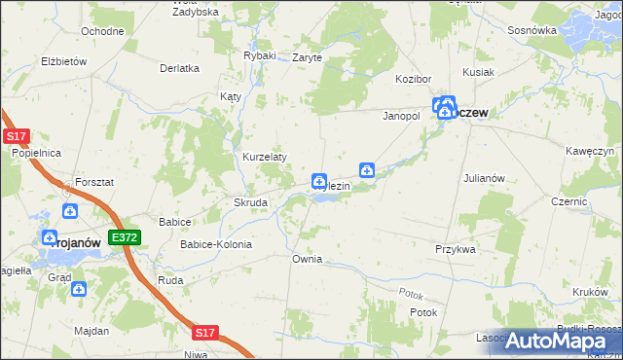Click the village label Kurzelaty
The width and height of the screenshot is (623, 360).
263,157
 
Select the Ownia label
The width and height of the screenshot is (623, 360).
307,260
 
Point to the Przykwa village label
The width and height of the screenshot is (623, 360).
455,249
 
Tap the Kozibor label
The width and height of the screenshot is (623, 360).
413,78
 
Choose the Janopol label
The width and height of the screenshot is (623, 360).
399,115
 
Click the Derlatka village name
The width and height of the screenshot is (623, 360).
180,68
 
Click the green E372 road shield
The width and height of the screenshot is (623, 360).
125,237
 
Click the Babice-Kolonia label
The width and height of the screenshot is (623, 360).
216,244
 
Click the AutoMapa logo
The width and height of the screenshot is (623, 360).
564,340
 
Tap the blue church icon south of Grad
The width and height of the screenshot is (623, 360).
78,289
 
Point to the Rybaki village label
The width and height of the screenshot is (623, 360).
260,56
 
